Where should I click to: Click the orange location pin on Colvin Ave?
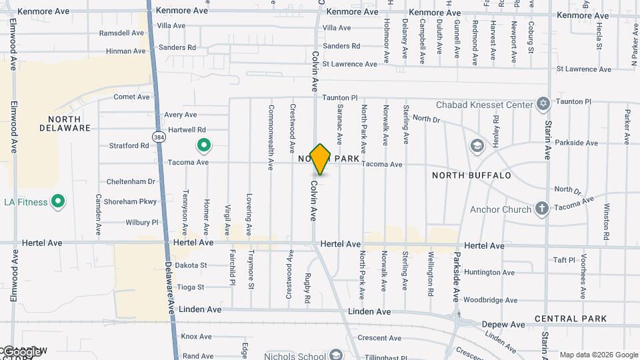click(x=321, y=159)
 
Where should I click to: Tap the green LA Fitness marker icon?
click(x=58, y=201)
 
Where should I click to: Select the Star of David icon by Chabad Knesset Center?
click(x=543, y=105)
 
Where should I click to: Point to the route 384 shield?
click(x=158, y=137)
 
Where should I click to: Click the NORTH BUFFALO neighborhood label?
click(x=471, y=175)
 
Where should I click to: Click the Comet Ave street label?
click(x=131, y=97)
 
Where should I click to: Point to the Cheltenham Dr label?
click(x=131, y=181)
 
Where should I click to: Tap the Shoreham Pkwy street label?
click(x=131, y=201)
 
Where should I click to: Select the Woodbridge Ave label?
click(x=490, y=301)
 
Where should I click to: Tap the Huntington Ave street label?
click(x=489, y=273)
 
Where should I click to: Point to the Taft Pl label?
click(x=564, y=260)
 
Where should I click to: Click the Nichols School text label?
click(x=294, y=356)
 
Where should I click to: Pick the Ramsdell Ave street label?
click(x=121, y=33)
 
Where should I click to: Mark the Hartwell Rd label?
click(x=187, y=129)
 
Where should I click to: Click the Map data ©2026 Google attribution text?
click(x=599, y=355)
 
